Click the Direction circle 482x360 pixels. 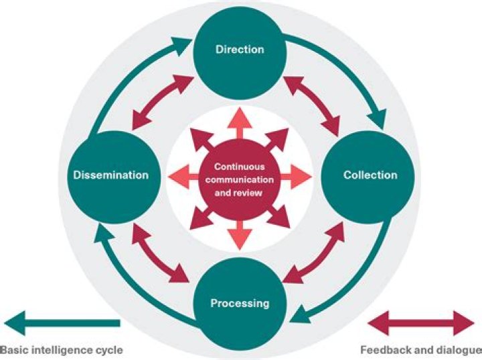click(240, 50)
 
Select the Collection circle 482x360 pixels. click(370, 176)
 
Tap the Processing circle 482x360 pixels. click(240, 303)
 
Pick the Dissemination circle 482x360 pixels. click(111, 176)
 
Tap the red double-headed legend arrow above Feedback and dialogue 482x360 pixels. click(422, 323)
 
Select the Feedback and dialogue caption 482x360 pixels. click(420, 349)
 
